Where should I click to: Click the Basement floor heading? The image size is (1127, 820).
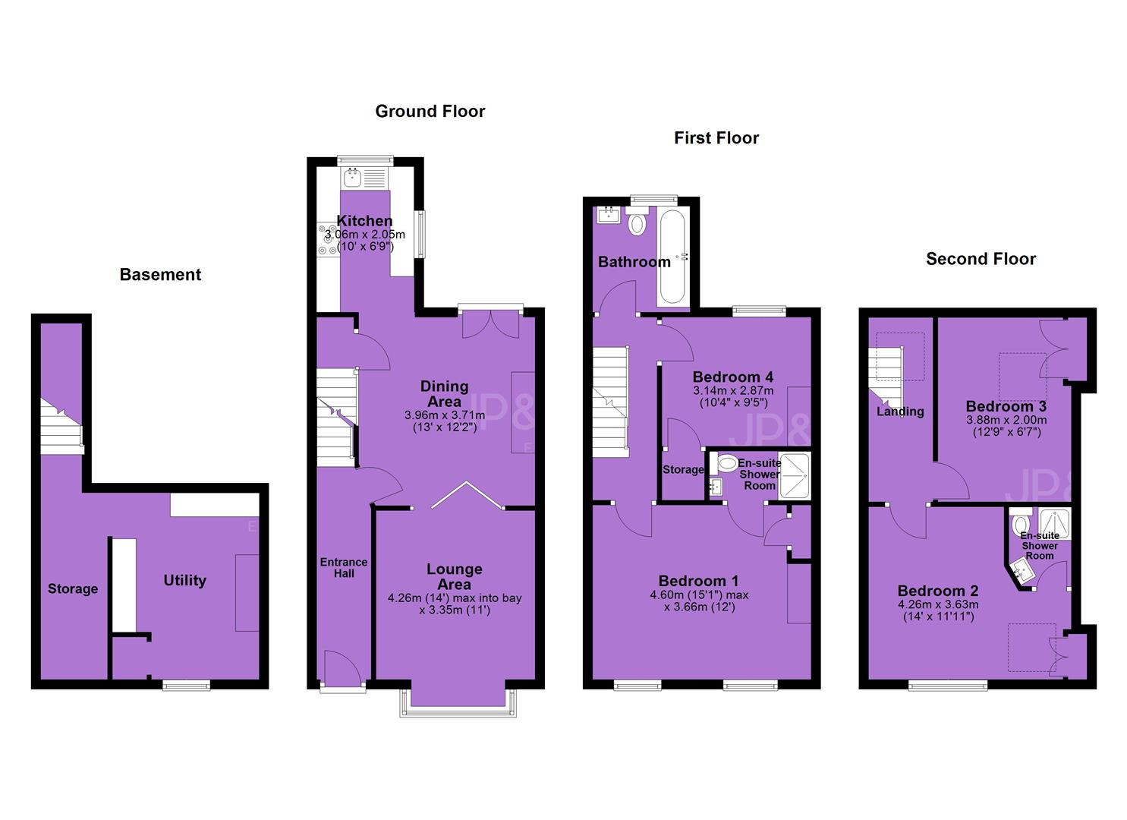[x=160, y=275]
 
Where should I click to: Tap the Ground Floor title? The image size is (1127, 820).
[x=430, y=112]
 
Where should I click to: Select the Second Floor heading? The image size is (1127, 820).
[x=981, y=259]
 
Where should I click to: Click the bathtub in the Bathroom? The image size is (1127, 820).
[x=672, y=257]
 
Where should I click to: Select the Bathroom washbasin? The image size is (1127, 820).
[x=609, y=215]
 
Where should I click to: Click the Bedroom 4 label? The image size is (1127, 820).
[x=732, y=377]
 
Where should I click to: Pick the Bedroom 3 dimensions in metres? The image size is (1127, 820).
[x=1006, y=420]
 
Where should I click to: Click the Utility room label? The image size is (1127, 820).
[x=184, y=580]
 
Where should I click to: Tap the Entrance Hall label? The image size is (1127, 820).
[x=344, y=567]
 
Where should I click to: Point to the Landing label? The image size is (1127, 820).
[x=900, y=412]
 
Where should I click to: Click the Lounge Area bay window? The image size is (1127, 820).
[x=458, y=704]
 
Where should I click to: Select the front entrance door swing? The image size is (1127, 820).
[x=342, y=667]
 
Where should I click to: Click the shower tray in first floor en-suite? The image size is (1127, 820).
[x=794, y=476]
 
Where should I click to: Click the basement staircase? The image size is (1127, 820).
[x=62, y=427]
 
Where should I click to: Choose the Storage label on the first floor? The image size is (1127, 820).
[x=683, y=470]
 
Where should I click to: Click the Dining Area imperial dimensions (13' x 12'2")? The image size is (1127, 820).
[x=445, y=428]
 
